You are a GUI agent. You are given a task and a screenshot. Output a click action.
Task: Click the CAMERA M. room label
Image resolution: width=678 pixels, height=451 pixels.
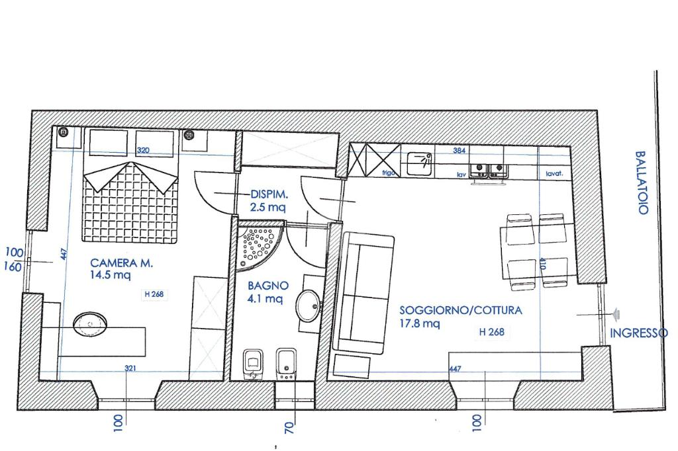pos(122,263)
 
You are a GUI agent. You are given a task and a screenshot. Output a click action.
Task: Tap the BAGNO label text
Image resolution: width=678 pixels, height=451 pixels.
pos(268,286)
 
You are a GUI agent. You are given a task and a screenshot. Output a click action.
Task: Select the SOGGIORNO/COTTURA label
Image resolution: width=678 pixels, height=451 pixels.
pos(461,310)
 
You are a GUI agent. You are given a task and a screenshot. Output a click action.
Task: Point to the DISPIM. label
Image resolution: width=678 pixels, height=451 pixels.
pos(269,195)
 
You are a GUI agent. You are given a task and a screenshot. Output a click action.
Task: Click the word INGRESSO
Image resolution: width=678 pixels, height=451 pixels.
pos(639,333)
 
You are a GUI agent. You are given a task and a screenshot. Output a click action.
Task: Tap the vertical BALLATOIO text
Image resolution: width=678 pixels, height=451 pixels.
pos(642,183)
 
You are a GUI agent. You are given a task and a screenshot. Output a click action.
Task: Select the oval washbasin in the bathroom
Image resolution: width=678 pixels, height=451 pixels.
pos(309,306)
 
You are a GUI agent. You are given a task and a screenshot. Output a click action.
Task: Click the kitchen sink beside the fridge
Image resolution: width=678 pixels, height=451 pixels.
pos(419,164)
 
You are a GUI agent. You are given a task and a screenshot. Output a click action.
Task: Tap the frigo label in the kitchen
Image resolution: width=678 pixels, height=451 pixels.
pos(389,173)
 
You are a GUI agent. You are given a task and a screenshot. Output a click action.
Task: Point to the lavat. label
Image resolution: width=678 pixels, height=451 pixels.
pos(554,174)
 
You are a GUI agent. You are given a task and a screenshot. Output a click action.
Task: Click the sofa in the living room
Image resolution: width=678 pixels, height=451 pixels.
pos(367,293)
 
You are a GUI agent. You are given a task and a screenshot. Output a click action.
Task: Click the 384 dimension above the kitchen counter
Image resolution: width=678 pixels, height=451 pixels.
pos(460,151)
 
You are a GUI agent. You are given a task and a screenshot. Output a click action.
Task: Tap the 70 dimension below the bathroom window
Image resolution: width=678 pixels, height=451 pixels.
pos(289,428)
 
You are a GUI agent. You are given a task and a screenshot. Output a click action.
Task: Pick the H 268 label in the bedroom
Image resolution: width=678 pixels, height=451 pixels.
pos(154,294)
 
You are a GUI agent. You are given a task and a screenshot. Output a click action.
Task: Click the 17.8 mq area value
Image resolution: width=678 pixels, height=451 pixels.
pos(419,323)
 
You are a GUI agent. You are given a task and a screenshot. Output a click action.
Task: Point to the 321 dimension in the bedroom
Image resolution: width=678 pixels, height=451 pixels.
pos(130,368)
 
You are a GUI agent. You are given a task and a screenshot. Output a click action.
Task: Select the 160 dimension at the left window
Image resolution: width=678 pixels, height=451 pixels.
pos(13,267)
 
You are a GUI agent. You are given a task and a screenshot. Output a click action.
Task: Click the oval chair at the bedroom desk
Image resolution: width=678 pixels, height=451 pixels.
pos(90,324)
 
